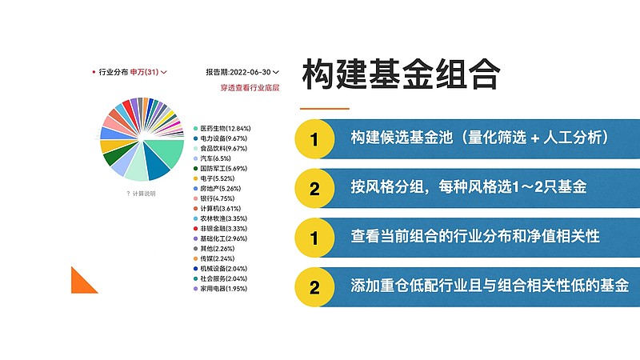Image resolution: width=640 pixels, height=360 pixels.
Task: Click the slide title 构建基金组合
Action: pyautogui.click(x=402, y=74)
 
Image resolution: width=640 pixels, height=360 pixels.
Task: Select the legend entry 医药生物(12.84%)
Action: pyautogui.click(x=222, y=129)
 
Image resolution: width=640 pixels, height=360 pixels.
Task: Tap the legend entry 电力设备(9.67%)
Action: pyautogui.click(x=221, y=138)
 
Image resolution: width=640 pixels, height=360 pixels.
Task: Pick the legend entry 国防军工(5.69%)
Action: pyautogui.click(x=221, y=169)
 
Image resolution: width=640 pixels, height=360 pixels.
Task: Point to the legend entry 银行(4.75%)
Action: pyautogui.click(x=214, y=198)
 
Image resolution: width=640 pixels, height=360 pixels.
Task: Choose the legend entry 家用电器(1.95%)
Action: pyautogui.click(x=221, y=289)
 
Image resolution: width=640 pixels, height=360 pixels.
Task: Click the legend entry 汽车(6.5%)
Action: pyautogui.click(x=212, y=158)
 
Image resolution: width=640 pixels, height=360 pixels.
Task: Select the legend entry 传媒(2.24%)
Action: pyautogui.click(x=214, y=258)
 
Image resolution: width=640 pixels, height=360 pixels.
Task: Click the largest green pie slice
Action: pyautogui.click(x=166, y=152)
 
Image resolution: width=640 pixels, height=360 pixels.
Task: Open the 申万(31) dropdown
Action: pyautogui.click(x=148, y=72)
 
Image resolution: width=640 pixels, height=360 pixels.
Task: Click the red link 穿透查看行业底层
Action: pyautogui.click(x=250, y=88)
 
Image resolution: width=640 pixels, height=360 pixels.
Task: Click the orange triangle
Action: pyautogui.click(x=81, y=284)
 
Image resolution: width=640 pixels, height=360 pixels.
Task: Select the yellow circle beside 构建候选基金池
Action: pyautogui.click(x=314, y=138)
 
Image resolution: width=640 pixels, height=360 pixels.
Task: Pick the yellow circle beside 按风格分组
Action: pyautogui.click(x=314, y=188)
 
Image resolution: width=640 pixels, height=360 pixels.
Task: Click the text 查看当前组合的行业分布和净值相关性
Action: pyautogui.click(x=475, y=236)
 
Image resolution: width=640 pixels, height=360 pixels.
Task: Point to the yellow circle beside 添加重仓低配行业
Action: pyautogui.click(x=314, y=287)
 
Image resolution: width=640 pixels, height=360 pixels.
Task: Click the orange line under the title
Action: pyautogui.click(x=325, y=109)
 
